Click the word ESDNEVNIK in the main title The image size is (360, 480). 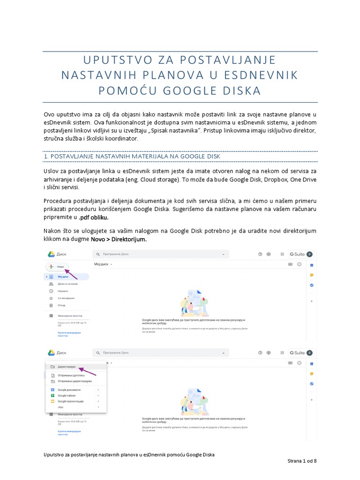[260, 75]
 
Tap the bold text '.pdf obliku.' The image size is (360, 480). [94, 218]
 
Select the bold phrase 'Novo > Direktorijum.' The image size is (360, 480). [119, 239]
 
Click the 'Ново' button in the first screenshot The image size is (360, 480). [57, 266]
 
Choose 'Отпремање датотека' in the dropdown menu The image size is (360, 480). [71, 375]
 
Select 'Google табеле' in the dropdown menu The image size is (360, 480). [67, 395]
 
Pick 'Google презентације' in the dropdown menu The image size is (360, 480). [70, 401]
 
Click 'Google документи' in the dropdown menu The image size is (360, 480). [69, 390]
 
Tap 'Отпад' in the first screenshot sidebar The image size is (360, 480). [61, 305]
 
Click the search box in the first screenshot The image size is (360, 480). [159, 254]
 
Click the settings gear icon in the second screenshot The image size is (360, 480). [269, 352]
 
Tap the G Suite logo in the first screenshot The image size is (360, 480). [296, 254]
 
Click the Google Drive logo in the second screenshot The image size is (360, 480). [52, 352]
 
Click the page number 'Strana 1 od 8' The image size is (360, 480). [302, 461]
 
